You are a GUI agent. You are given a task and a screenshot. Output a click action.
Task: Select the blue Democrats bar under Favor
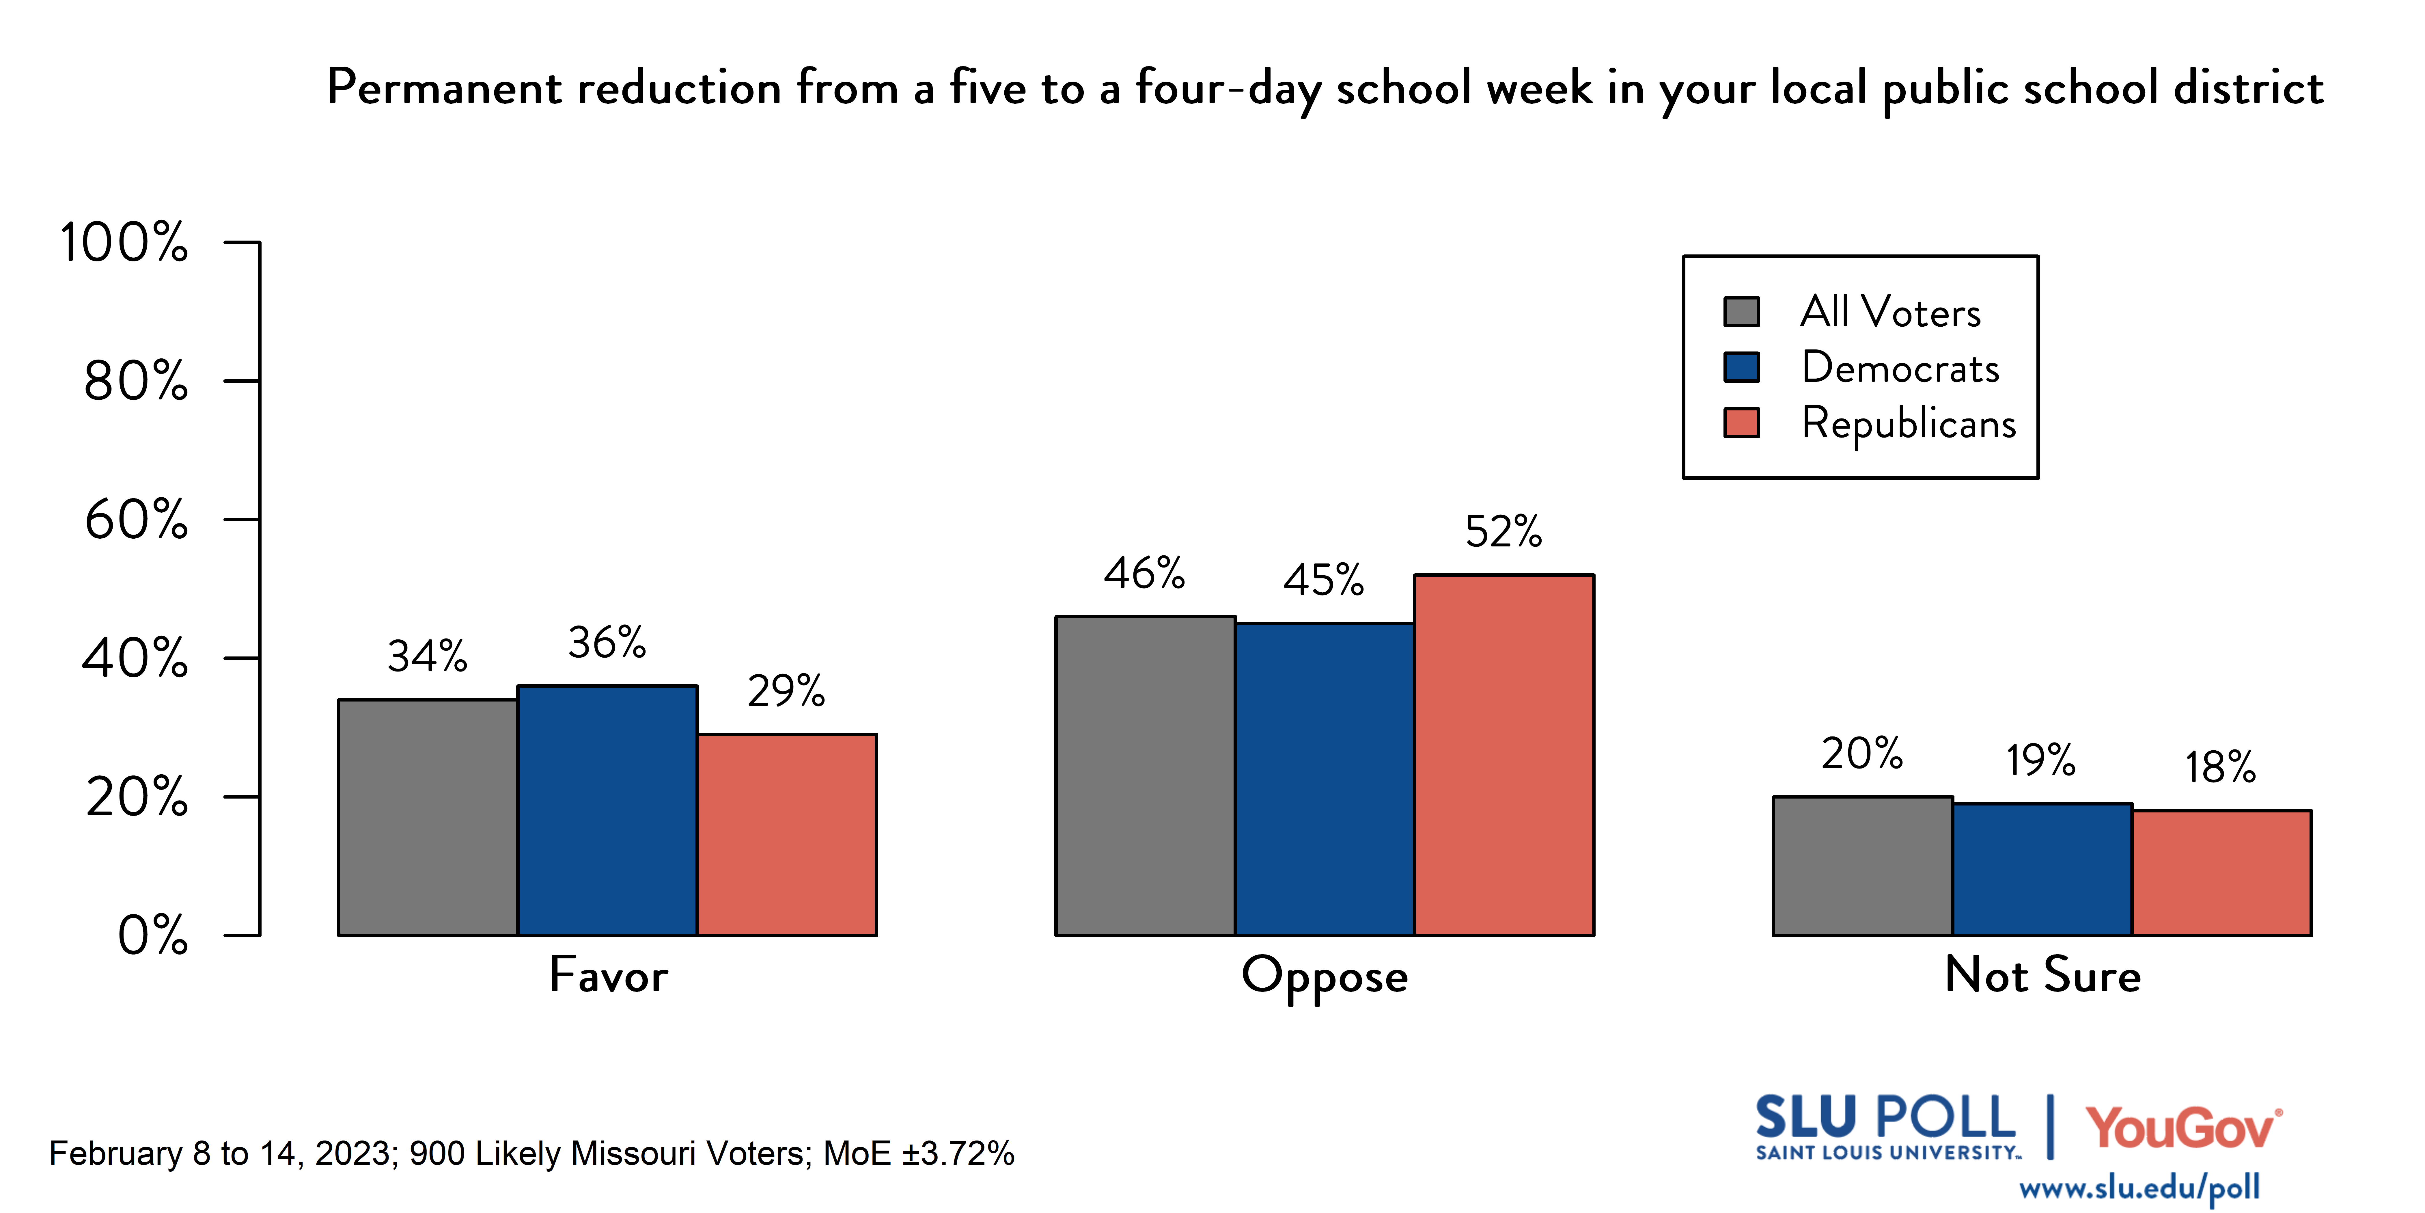607,810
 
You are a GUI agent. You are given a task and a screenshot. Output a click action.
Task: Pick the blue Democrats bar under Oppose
1325,779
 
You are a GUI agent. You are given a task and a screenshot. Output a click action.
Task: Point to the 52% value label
1503,532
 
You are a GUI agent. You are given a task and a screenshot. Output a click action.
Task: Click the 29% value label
786,691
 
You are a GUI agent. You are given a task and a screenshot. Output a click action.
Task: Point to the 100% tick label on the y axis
124,243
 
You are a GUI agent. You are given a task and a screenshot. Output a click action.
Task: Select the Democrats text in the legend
1900,367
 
